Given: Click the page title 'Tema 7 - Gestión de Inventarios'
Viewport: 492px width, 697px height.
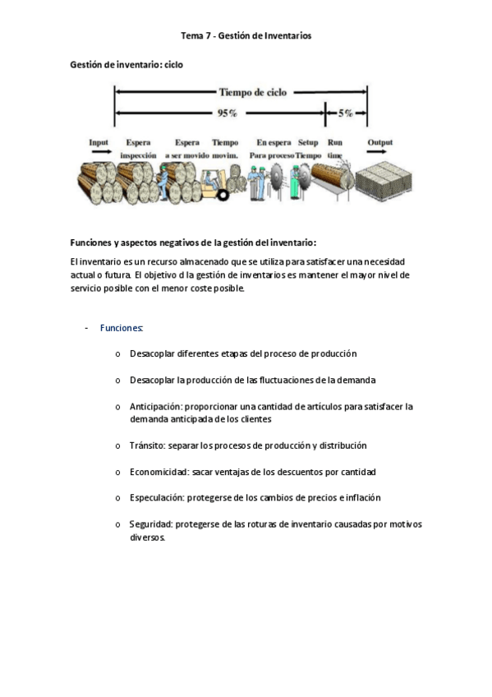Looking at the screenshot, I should point(246,36).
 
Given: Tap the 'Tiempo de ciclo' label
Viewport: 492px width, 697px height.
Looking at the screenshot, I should point(252,93).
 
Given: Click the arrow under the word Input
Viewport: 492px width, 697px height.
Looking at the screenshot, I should point(99,152).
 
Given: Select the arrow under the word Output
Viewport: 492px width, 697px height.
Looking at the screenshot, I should point(379,152).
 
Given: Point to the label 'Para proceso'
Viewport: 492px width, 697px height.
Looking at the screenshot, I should point(272,155).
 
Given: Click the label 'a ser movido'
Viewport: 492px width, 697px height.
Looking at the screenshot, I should point(186,155).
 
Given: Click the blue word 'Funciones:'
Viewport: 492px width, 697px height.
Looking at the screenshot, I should point(122,328).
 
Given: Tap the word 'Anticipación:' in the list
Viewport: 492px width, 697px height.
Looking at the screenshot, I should point(156,407).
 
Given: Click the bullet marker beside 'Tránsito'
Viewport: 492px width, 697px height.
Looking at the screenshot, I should point(118,446).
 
